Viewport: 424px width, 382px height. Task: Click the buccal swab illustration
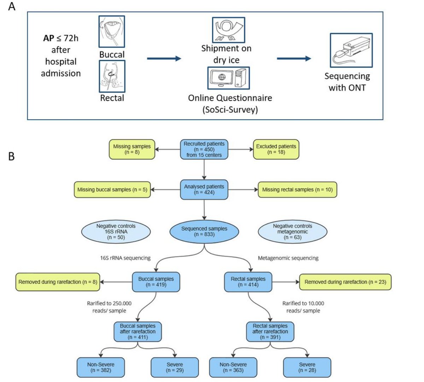[x=112, y=31]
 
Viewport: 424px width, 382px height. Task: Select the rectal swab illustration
[x=112, y=76]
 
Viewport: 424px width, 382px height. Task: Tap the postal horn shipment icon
[x=229, y=30]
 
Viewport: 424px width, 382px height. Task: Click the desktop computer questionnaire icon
[x=228, y=78]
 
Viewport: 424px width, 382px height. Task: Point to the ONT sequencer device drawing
[x=351, y=50]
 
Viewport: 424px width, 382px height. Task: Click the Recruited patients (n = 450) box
[x=204, y=149]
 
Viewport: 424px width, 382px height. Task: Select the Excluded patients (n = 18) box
[x=276, y=149]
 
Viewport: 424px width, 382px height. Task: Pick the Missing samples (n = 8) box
[x=132, y=149]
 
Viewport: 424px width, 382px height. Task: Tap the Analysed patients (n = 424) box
[x=204, y=190]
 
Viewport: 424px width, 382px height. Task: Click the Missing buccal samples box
[x=112, y=190]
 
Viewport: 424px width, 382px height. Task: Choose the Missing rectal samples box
[x=298, y=190]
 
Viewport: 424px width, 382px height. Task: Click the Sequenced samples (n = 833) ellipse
[x=204, y=232]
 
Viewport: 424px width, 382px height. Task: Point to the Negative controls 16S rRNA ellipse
[x=116, y=232]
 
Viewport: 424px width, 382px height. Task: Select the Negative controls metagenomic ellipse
[x=293, y=232]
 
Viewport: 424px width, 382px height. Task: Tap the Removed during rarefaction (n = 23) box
[x=345, y=282]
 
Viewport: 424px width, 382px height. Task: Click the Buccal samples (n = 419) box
[x=156, y=282]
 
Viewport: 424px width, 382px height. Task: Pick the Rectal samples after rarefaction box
[x=270, y=332]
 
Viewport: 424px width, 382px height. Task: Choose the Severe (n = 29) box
[x=175, y=367]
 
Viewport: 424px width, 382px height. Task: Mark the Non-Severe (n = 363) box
[x=233, y=367]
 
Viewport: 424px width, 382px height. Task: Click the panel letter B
[x=11, y=156]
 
